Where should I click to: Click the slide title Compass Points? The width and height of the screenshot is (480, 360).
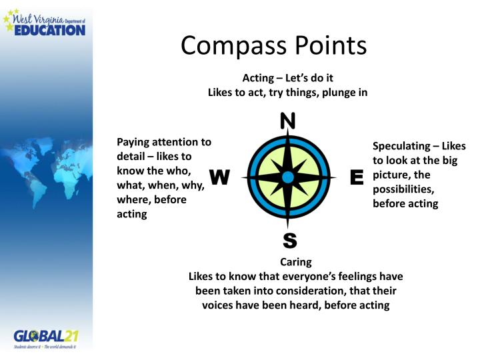pyautogui.click(x=274, y=45)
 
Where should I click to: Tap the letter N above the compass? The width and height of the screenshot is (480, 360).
pyautogui.click(x=287, y=121)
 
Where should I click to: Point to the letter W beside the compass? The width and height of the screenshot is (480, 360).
pyautogui.click(x=220, y=177)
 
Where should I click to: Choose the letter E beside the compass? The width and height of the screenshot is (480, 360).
pyautogui.click(x=356, y=177)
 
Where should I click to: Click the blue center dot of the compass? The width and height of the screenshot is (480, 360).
pyautogui.click(x=287, y=177)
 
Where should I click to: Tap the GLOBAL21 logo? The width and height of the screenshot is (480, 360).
pyautogui.click(x=46, y=337)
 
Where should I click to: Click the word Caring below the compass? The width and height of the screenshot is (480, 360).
pyautogui.click(x=296, y=262)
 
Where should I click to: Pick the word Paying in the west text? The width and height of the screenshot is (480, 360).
pyautogui.click(x=133, y=141)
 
